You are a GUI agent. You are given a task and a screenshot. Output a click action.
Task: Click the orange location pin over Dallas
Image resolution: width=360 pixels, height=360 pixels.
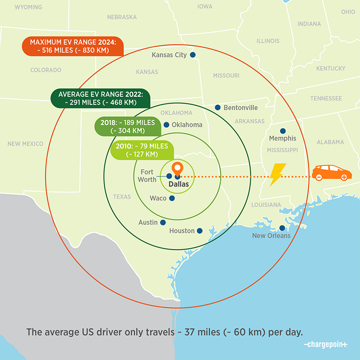pos(177,169)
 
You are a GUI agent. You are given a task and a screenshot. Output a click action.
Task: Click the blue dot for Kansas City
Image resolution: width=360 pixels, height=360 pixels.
pos(193,55)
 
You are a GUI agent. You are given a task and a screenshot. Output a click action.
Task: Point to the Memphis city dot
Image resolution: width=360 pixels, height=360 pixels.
pos(283,131)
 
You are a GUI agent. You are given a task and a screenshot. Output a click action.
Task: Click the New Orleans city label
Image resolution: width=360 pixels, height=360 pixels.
pos(271,236)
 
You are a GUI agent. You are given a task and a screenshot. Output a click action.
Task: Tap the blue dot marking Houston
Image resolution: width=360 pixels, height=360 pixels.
pos(200,231)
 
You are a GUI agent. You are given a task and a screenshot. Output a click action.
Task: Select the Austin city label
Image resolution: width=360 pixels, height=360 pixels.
pos(148,222)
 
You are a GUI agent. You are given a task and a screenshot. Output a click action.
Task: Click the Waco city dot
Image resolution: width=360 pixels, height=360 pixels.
pos(172,198)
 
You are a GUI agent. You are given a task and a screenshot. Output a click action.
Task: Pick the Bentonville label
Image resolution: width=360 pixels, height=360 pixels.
pos(240,108)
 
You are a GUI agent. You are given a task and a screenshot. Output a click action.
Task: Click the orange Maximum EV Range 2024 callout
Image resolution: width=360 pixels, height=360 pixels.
pos(73,46)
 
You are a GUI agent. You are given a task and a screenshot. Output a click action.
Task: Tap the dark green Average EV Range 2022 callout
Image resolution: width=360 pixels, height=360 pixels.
pos(101,98)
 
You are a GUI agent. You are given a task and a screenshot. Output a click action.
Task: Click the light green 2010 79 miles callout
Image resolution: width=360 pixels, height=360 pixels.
pos(142,150)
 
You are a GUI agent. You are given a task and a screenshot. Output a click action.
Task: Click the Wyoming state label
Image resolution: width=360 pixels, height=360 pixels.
pos(28,7)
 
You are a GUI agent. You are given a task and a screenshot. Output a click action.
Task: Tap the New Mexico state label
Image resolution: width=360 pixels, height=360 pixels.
pos(25,144)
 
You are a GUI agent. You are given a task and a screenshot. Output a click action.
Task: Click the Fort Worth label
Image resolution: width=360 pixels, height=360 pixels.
pos(147,176)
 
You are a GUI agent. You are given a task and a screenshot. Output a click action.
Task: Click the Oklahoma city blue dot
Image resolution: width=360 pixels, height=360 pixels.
pos(166,125)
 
